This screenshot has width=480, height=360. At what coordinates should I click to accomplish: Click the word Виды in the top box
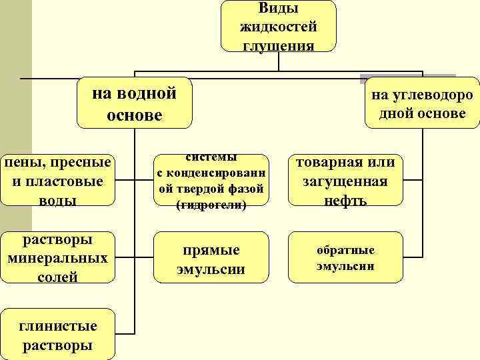[278, 9]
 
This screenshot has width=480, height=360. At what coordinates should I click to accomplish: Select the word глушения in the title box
[278, 44]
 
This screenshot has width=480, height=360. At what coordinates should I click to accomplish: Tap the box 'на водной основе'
[134, 103]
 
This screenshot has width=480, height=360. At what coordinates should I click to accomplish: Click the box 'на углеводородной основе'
[422, 103]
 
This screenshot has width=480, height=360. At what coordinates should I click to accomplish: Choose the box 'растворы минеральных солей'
[57, 259]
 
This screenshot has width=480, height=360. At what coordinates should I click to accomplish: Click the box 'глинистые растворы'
[57, 335]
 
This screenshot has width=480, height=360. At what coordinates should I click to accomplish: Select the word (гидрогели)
[211, 205]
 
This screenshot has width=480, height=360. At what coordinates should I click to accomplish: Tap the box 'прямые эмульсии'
[211, 259]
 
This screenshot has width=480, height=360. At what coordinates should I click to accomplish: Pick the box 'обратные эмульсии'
[345, 257]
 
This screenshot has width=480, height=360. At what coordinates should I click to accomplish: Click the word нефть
[345, 199]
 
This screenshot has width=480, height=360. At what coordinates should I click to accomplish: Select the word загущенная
[345, 181]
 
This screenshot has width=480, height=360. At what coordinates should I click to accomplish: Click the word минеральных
[57, 259]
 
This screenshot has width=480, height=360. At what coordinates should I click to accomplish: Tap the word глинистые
[57, 327]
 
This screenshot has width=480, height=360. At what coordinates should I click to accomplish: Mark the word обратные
[345, 250]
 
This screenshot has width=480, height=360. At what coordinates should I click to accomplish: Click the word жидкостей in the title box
[278, 27]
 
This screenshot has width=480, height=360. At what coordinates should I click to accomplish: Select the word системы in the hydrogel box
[211, 158]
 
